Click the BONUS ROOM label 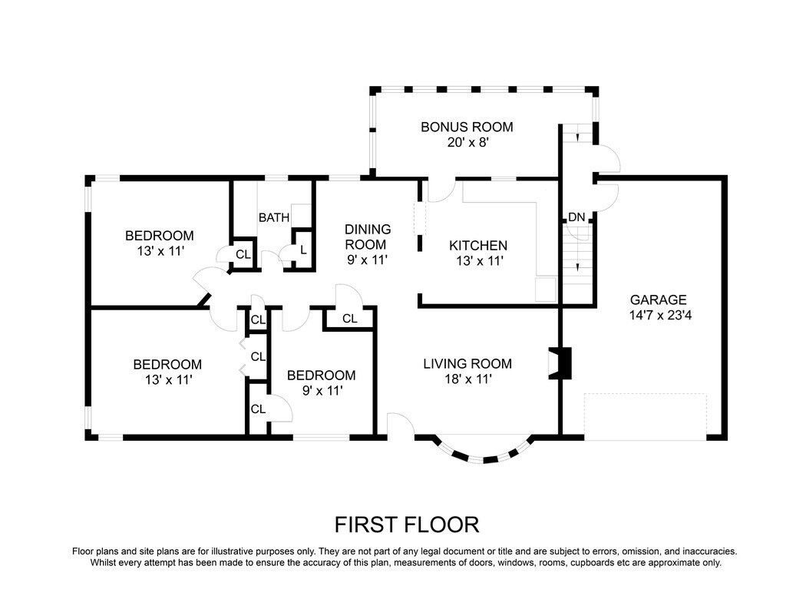coord(467,127)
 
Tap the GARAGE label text coord(658,299)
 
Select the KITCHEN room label coord(478,245)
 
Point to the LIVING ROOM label coord(467,364)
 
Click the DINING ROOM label coord(368,237)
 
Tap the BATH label coord(274,218)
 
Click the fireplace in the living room coord(560,362)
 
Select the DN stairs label coord(576,217)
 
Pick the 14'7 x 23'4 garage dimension coord(660,316)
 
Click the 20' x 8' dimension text coord(467,143)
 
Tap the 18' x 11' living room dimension coord(467,379)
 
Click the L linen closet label coord(303,250)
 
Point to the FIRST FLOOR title coord(407,524)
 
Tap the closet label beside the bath coord(243,254)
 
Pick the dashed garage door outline coord(645,417)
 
